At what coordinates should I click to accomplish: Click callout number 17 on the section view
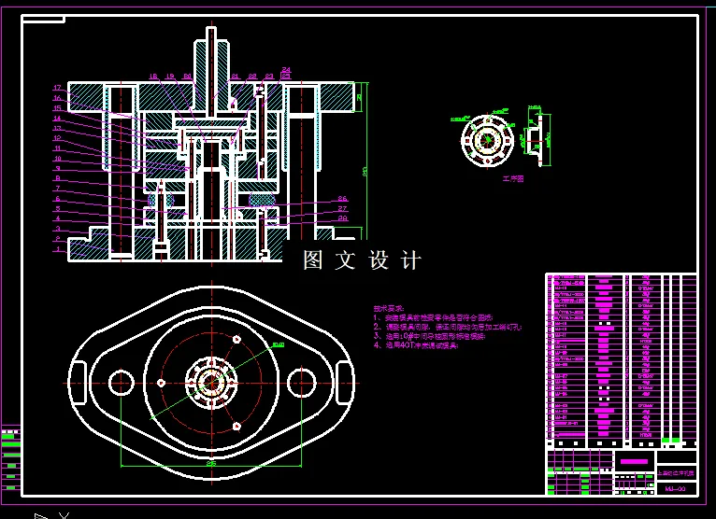[x=57, y=88]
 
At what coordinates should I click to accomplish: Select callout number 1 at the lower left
[x=57, y=249]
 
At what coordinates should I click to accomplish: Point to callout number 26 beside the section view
[x=342, y=199]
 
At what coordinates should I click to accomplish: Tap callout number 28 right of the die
[x=342, y=218]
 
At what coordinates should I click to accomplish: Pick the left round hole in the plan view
[x=121, y=382]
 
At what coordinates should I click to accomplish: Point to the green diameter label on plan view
[x=277, y=344]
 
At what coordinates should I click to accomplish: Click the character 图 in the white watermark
[x=313, y=260]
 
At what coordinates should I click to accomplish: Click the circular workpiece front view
[x=487, y=140]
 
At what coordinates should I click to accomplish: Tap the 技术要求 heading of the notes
[x=387, y=307]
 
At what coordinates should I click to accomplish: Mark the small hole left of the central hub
[x=163, y=383]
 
